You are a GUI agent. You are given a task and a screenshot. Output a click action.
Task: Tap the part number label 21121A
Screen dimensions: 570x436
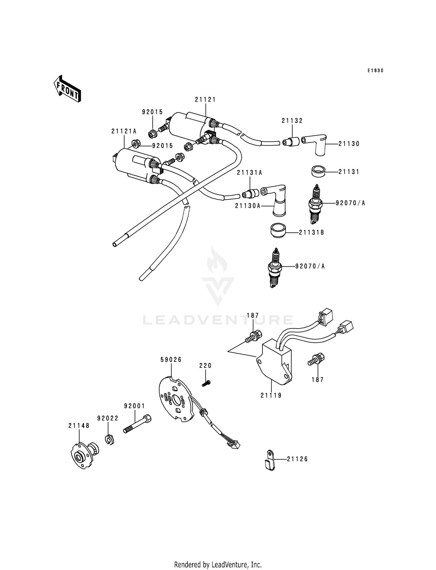tap(124, 131)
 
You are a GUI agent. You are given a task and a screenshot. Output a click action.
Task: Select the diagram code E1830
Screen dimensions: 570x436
tap(375, 71)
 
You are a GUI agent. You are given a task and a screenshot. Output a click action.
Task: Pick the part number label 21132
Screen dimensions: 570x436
tap(292, 121)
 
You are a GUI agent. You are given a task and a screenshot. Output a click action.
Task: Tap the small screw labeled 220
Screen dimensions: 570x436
tap(206, 383)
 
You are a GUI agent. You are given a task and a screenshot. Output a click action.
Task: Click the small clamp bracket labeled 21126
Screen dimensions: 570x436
tap(270, 459)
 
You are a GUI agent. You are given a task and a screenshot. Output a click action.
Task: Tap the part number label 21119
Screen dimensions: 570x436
tap(271, 395)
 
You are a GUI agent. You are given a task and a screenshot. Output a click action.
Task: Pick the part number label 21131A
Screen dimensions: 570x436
tap(249, 173)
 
